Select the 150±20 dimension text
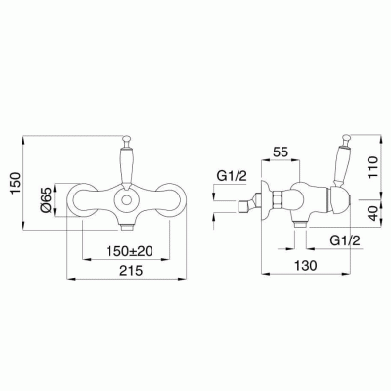130,251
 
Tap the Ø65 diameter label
46,200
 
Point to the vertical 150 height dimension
17,184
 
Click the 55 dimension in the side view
281,152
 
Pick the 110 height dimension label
374,167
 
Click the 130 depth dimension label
306,266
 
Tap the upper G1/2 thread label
233,176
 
